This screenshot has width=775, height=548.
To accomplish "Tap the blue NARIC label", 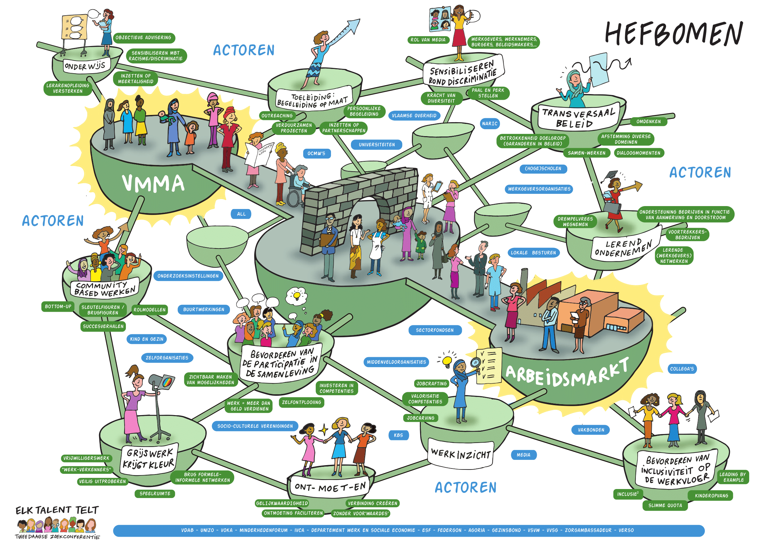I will coord(489,124).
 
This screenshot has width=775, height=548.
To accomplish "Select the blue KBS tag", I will coord(398,435).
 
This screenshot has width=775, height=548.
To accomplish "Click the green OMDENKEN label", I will coord(648,122).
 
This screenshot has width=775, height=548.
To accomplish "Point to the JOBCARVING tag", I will coord(420,418).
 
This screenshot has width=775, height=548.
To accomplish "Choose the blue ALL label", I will coord(241,214).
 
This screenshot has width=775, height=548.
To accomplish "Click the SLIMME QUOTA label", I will coord(665,506).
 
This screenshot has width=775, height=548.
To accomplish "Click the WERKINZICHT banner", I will coord(461,454).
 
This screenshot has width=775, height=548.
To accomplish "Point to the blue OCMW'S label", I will coord(316,153).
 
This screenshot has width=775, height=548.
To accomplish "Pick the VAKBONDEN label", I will coord(591,430).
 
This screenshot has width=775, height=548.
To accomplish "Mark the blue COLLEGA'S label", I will coord(682,369).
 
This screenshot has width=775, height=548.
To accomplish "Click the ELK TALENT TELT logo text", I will coord(57,510).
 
